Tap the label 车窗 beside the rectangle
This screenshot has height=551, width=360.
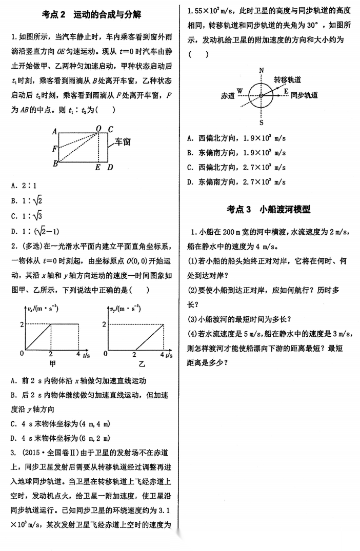122,141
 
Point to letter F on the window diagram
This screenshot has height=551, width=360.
54,149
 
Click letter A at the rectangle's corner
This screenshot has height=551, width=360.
54,131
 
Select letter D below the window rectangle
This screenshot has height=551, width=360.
110,167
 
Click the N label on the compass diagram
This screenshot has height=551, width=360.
262,70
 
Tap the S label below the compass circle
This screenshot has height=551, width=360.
261,123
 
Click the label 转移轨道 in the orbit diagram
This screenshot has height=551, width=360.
287,80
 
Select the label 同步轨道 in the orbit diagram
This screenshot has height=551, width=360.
304,95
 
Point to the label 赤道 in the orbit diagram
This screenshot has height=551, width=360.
227,95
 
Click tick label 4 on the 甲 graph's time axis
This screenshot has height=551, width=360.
77,354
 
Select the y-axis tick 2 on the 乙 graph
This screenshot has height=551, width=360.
105,324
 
